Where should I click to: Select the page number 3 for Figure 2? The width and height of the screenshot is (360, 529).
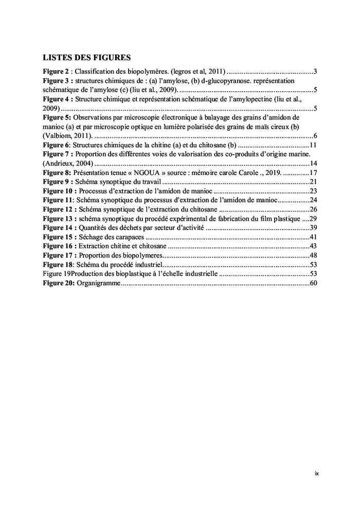click(x=315, y=71)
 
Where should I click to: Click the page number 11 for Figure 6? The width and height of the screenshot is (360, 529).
click(x=313, y=145)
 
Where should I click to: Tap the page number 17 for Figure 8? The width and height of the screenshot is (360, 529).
click(x=313, y=173)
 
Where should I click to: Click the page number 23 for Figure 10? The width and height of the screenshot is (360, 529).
click(x=313, y=191)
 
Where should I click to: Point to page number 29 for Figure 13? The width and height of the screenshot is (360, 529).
click(x=313, y=219)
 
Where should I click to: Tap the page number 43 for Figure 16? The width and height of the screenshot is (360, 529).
click(x=313, y=246)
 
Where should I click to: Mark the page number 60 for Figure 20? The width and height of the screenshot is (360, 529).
click(x=313, y=284)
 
